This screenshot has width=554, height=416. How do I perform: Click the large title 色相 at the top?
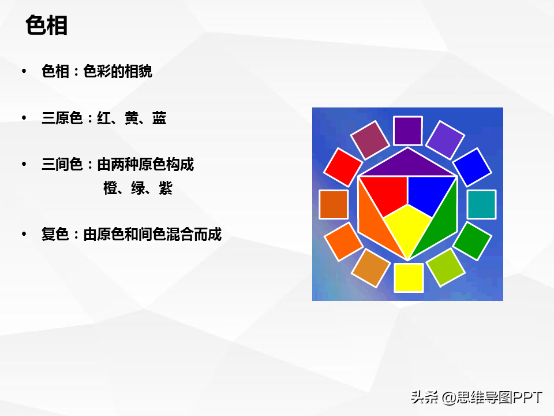(x=46, y=25)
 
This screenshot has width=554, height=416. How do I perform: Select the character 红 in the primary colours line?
(x=104, y=118)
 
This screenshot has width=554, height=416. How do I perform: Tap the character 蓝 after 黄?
(x=159, y=118)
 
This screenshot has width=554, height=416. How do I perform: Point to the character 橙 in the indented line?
(x=110, y=188)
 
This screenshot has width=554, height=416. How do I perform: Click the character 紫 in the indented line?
(x=166, y=188)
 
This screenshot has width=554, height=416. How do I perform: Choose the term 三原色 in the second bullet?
(x=62, y=118)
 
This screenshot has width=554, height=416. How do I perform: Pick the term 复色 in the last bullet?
(x=55, y=234)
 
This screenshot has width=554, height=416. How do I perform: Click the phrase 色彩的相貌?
(x=118, y=71)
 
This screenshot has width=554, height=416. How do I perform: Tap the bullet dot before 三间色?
(x=24, y=164)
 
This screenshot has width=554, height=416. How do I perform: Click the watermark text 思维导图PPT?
(x=499, y=398)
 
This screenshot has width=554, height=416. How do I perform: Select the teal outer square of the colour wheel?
(x=481, y=205)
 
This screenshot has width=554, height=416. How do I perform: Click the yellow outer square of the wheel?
(x=409, y=278)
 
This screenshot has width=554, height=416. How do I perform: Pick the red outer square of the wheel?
(x=343, y=168)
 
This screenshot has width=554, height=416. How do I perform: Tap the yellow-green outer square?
(x=446, y=268)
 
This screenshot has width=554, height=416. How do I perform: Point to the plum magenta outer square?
(x=370, y=140)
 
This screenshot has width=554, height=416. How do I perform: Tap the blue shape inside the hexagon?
(x=428, y=194)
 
